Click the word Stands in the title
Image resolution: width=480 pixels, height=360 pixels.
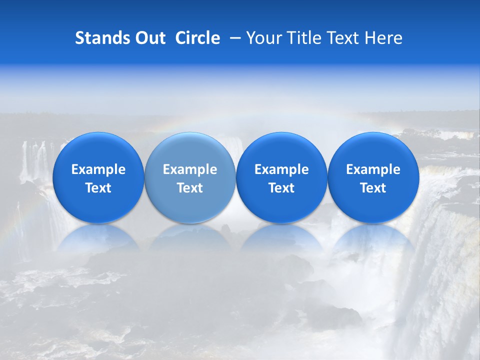click(102, 38)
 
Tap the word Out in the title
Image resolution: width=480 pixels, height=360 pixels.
click(150, 38)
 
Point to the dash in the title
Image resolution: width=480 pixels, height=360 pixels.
click(233, 38)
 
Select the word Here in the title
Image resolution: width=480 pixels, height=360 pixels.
click(383, 38)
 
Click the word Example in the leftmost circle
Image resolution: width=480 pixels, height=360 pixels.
click(98, 169)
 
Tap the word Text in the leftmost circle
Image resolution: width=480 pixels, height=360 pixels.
click(98, 188)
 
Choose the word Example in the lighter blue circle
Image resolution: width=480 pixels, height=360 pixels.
click(190, 169)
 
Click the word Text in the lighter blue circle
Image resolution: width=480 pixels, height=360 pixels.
click(190, 188)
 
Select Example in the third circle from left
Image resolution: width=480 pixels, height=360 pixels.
click(281, 169)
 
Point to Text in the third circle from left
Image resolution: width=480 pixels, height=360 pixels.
click(281, 188)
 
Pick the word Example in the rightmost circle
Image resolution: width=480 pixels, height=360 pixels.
click(373, 169)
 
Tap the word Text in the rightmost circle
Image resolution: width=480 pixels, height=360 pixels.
click(373, 188)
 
